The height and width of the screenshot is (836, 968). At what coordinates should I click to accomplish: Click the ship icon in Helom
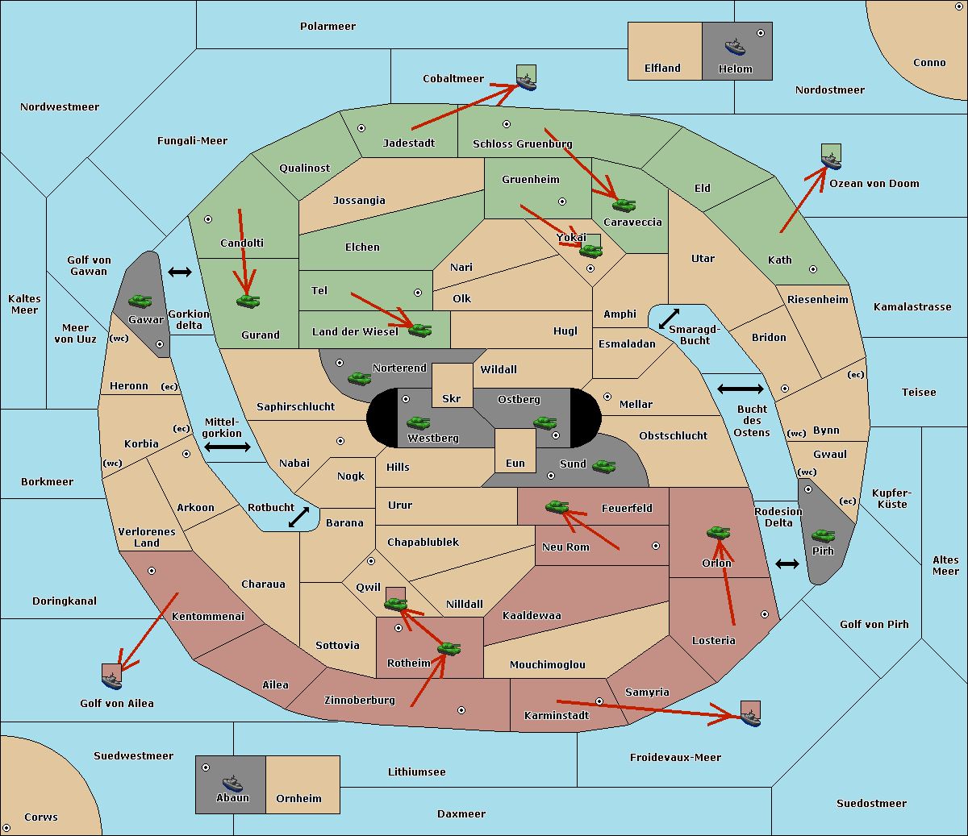pyautogui.click(x=734, y=46)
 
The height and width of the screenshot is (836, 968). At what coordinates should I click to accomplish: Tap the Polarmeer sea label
pyautogui.click(x=328, y=27)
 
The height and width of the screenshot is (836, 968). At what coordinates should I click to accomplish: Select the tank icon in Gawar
pyautogui.click(x=140, y=302)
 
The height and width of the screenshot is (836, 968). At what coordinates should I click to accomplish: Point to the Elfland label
pyautogui.click(x=662, y=69)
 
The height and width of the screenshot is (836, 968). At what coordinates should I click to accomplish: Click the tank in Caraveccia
pyautogui.click(x=624, y=205)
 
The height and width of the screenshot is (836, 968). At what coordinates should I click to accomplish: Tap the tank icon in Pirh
pyautogui.click(x=823, y=536)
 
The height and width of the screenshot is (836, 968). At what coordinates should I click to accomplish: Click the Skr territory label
pyautogui.click(x=452, y=399)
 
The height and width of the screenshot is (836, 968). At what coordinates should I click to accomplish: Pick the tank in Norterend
pyautogui.click(x=359, y=378)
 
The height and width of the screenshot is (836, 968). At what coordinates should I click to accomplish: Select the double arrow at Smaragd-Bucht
pyautogui.click(x=670, y=318)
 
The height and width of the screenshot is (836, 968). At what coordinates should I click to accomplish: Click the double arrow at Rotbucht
pyautogui.click(x=298, y=518)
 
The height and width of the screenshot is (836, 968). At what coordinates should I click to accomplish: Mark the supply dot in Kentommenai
pyautogui.click(x=152, y=571)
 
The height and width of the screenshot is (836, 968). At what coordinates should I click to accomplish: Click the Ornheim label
pyautogui.click(x=298, y=799)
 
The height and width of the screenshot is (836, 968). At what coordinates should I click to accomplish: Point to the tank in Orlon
pyautogui.click(x=718, y=533)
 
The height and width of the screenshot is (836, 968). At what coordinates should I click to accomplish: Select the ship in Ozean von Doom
pyautogui.click(x=831, y=160)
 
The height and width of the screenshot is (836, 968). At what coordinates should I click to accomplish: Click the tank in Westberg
pyautogui.click(x=418, y=422)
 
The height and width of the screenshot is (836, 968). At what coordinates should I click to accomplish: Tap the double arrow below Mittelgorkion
pyautogui.click(x=227, y=447)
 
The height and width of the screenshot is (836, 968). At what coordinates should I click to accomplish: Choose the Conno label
pyautogui.click(x=929, y=63)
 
